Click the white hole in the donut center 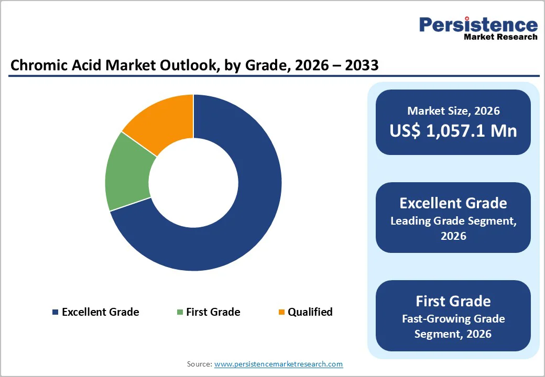[x=193, y=183]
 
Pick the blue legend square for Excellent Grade [x=55, y=313]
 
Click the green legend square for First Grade [x=180, y=313]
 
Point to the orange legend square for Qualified [x=281, y=313]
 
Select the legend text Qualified [x=310, y=312]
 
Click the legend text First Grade [x=213, y=312]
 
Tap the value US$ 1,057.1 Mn [x=453, y=131]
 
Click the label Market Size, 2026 [x=453, y=111]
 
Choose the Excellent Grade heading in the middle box [x=453, y=203]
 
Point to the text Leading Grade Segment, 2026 [x=453, y=228]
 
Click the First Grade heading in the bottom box [x=453, y=301]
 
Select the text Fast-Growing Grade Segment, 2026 [x=453, y=326]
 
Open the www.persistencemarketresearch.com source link [x=278, y=364]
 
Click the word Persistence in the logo [x=478, y=24]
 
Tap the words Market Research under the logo [x=500, y=37]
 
